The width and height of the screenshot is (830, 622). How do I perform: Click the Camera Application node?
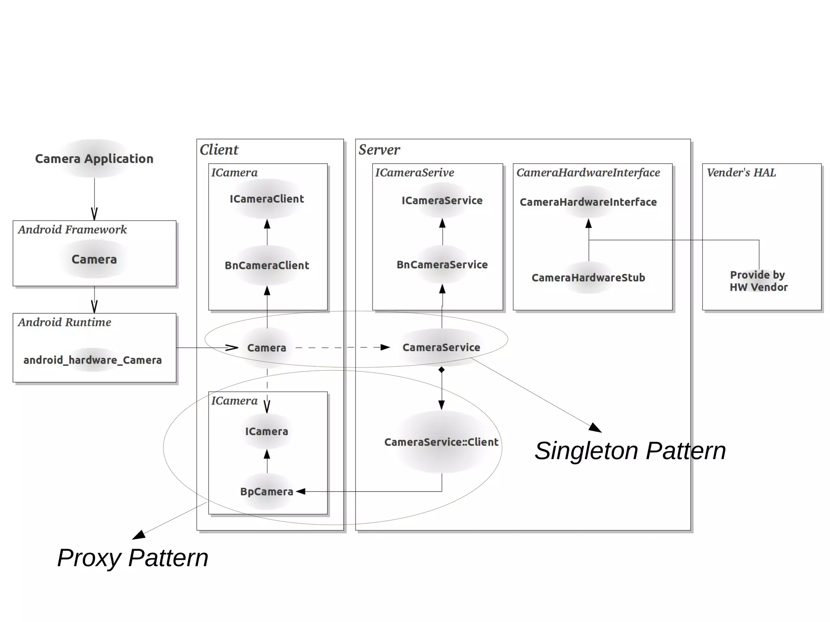tap(94, 158)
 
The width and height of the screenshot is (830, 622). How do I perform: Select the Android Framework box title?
tap(72, 230)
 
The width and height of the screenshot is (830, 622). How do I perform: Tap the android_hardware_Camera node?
tap(92, 360)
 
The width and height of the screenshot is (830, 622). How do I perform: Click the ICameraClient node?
tap(267, 199)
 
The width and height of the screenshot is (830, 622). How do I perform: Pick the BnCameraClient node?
tap(267, 265)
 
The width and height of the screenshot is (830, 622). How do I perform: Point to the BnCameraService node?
tap(442, 265)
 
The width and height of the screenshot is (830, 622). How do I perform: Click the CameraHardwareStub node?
tap(588, 278)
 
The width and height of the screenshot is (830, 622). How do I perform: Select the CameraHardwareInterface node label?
tap(588, 202)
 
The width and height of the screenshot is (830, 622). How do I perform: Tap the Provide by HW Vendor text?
tap(758, 281)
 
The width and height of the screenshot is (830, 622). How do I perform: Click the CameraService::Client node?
tap(441, 442)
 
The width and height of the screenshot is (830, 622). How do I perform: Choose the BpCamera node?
tap(267, 492)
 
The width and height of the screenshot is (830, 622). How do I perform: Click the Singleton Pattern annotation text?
tap(630, 451)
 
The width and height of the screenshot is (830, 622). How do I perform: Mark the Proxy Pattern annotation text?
tap(133, 558)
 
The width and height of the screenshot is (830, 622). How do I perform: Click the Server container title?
tap(379, 150)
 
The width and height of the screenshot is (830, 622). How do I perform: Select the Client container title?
tap(219, 150)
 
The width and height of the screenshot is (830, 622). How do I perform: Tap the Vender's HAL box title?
tap(741, 173)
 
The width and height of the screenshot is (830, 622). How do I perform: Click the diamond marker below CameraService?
tap(441, 370)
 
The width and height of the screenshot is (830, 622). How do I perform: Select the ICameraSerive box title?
tap(414, 173)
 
